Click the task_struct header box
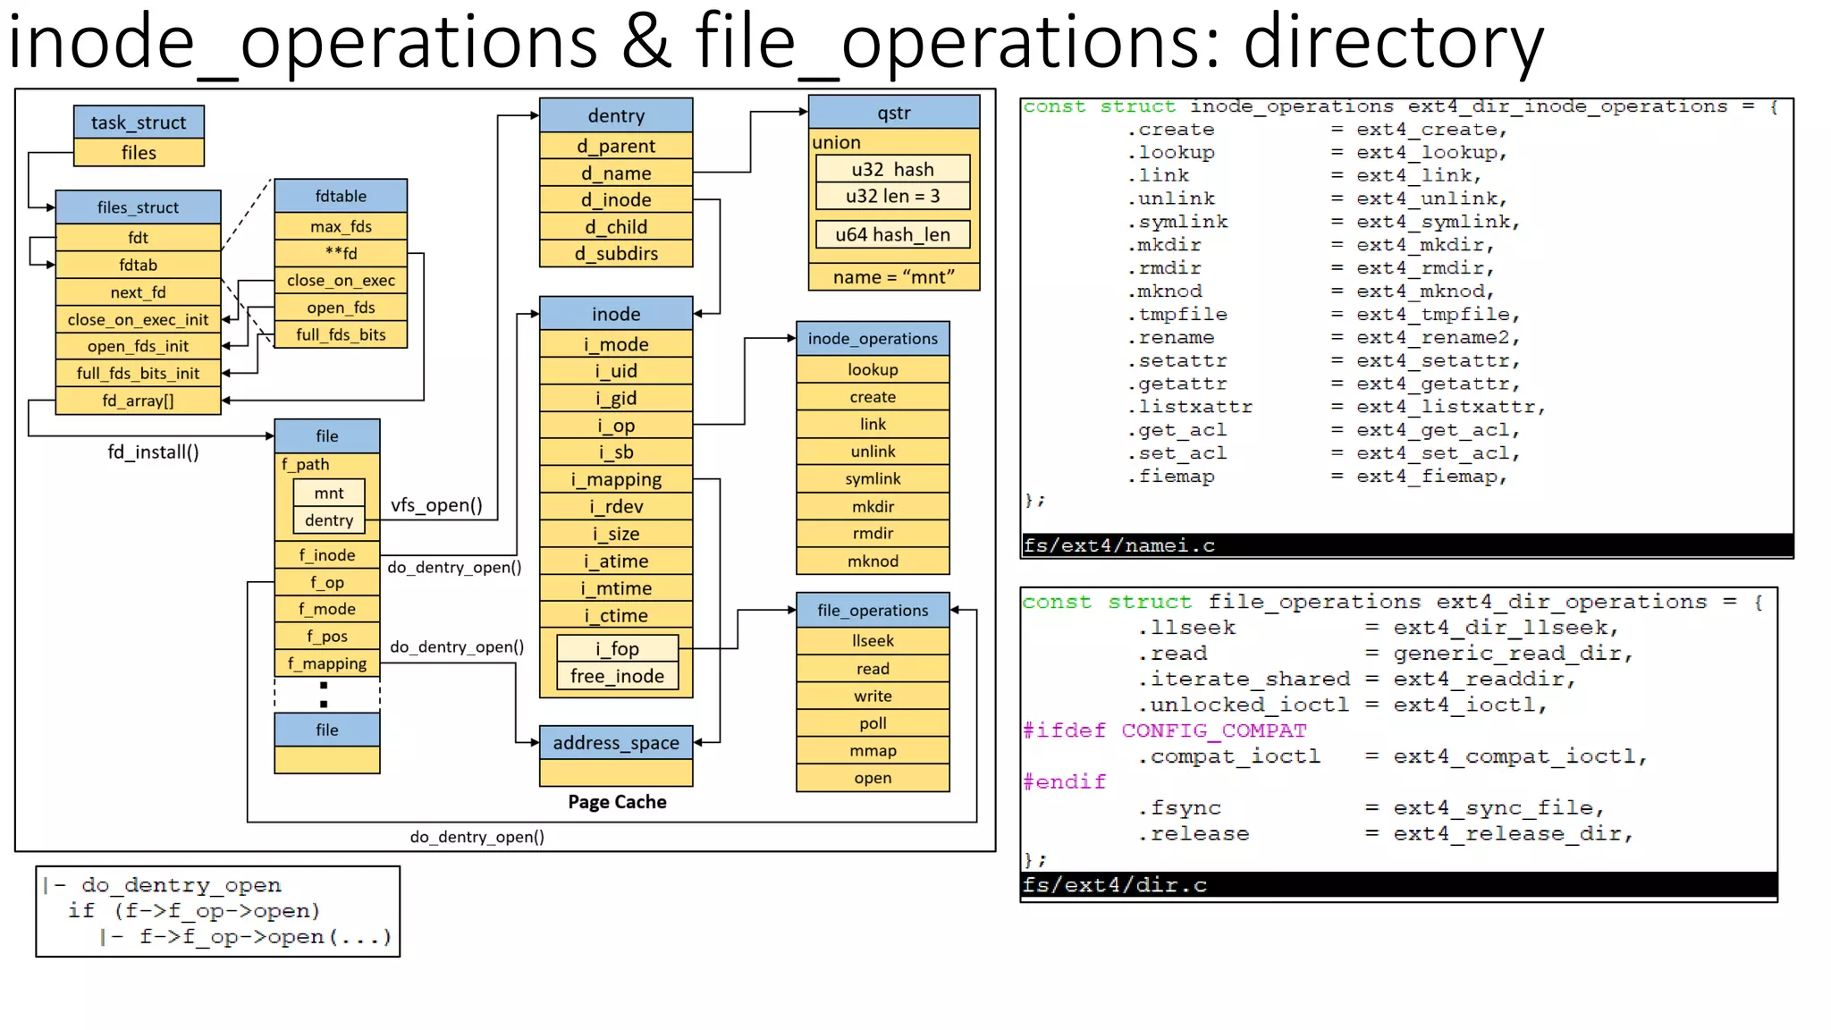(139, 122)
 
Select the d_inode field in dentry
(616, 199)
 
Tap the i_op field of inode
(616, 426)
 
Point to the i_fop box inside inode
(617, 648)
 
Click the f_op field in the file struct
(327, 582)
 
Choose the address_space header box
(616, 743)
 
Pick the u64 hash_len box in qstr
(892, 234)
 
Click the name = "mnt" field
(893, 277)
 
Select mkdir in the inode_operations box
(873, 506)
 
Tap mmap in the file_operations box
(873, 751)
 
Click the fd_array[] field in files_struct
(138, 401)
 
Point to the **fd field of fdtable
(341, 253)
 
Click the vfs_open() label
(436, 505)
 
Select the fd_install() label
(153, 452)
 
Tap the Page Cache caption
(617, 802)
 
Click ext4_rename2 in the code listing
(1437, 338)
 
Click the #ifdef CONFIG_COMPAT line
(1164, 730)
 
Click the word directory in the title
(1393, 42)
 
